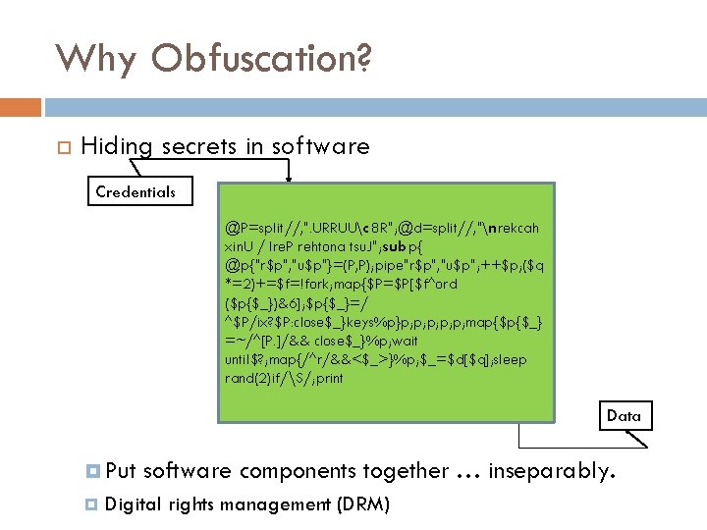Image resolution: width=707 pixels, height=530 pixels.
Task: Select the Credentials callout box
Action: pyautogui.click(x=136, y=191)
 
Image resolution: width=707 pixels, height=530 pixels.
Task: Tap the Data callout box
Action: pyautogui.click(x=624, y=415)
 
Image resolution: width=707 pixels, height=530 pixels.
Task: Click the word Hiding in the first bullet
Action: pyautogui.click(x=117, y=147)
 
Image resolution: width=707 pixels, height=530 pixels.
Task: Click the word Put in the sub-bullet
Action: pyautogui.click(x=120, y=471)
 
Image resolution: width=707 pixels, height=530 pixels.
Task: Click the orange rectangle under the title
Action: pyautogui.click(x=21, y=106)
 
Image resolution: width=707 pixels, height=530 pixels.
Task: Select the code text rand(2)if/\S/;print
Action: pyautogui.click(x=285, y=378)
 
